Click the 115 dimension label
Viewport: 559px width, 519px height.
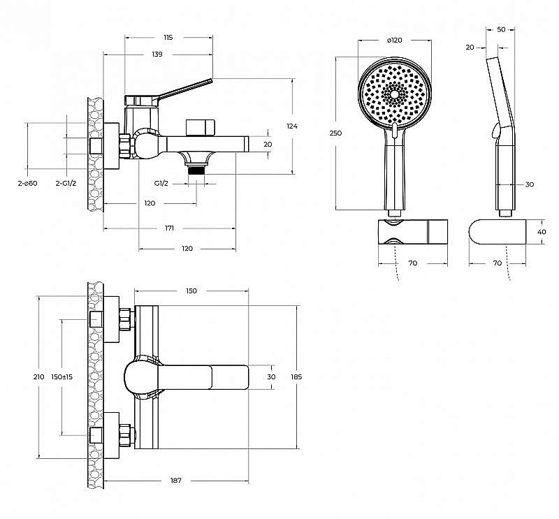pyautogui.click(x=168, y=38)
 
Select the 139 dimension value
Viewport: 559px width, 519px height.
pyautogui.click(x=157, y=54)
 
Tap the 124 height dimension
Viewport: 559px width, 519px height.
pyautogui.click(x=292, y=126)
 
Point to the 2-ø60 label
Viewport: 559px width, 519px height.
pyautogui.click(x=27, y=183)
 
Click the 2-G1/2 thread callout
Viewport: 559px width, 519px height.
pyautogui.click(x=66, y=183)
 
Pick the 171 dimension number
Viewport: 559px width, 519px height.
pyautogui.click(x=169, y=228)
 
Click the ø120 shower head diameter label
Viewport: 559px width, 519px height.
pyautogui.click(x=394, y=41)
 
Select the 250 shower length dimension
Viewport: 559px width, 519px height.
pyautogui.click(x=335, y=133)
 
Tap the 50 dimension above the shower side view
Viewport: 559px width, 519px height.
pyautogui.click(x=501, y=29)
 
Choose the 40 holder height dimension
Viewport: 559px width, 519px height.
pyautogui.click(x=542, y=232)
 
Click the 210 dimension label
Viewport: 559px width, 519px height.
pyautogui.click(x=39, y=377)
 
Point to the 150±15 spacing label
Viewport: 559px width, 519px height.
pyautogui.click(x=62, y=377)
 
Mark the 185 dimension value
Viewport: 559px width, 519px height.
pyautogui.click(x=296, y=377)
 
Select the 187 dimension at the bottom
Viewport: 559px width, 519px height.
pyautogui.click(x=176, y=481)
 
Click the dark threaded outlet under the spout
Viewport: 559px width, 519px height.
pyautogui.click(x=196, y=170)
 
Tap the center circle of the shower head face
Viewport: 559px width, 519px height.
pyautogui.click(x=395, y=94)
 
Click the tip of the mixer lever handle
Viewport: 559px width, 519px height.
pyautogui.click(x=212, y=80)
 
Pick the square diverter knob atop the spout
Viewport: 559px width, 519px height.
pyautogui.click(x=201, y=128)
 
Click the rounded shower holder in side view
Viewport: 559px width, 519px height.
pyautogui.click(x=498, y=232)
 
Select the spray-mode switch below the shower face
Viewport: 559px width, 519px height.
pyautogui.click(x=394, y=131)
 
